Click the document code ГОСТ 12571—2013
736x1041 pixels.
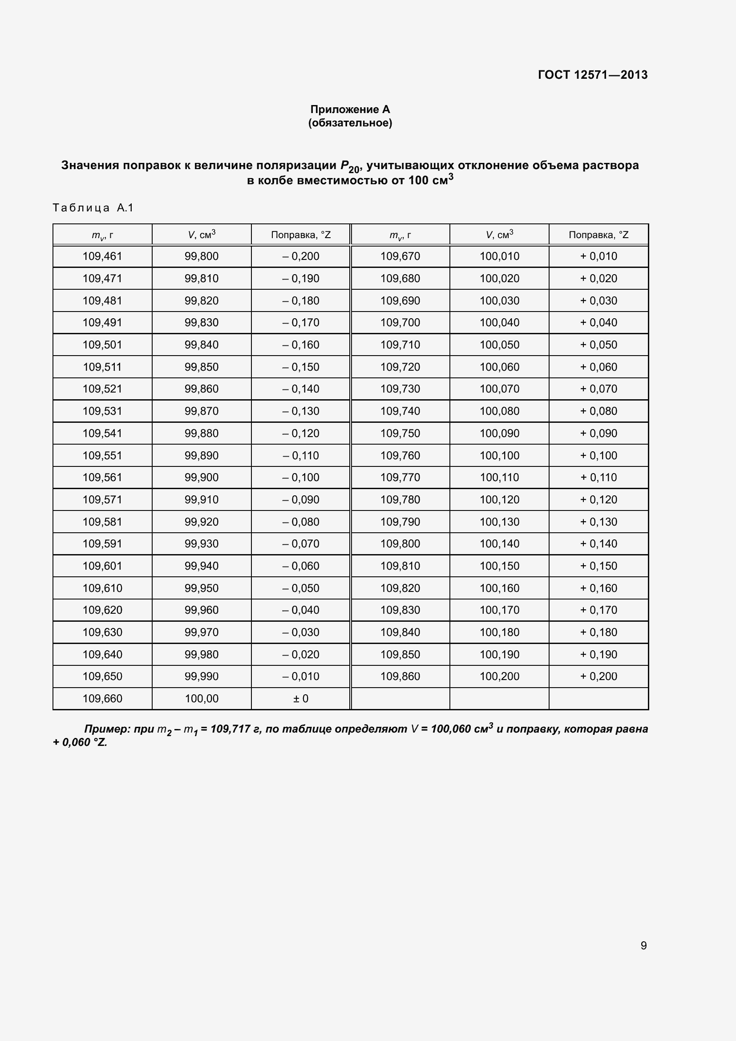click(x=592, y=75)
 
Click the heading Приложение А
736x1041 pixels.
click(x=350, y=109)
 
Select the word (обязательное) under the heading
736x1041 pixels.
click(x=350, y=123)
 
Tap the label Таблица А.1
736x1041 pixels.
click(x=93, y=208)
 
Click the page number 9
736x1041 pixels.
click(x=643, y=945)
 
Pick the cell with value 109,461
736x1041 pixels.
click(x=102, y=256)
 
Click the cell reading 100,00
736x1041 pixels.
click(x=202, y=698)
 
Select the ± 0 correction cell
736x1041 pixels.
click(x=300, y=698)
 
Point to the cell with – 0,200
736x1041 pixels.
click(x=300, y=256)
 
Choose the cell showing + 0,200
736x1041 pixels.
click(x=598, y=676)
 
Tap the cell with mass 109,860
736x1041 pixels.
click(x=400, y=676)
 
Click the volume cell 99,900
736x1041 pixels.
click(x=202, y=477)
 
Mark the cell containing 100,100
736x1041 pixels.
click(x=499, y=455)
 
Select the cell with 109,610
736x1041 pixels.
click(x=102, y=588)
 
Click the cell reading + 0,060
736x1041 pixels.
click(x=598, y=367)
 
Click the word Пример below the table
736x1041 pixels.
click(x=107, y=729)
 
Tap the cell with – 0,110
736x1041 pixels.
click(x=300, y=455)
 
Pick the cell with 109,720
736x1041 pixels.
click(x=400, y=367)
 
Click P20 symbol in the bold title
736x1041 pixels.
click(x=349, y=167)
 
